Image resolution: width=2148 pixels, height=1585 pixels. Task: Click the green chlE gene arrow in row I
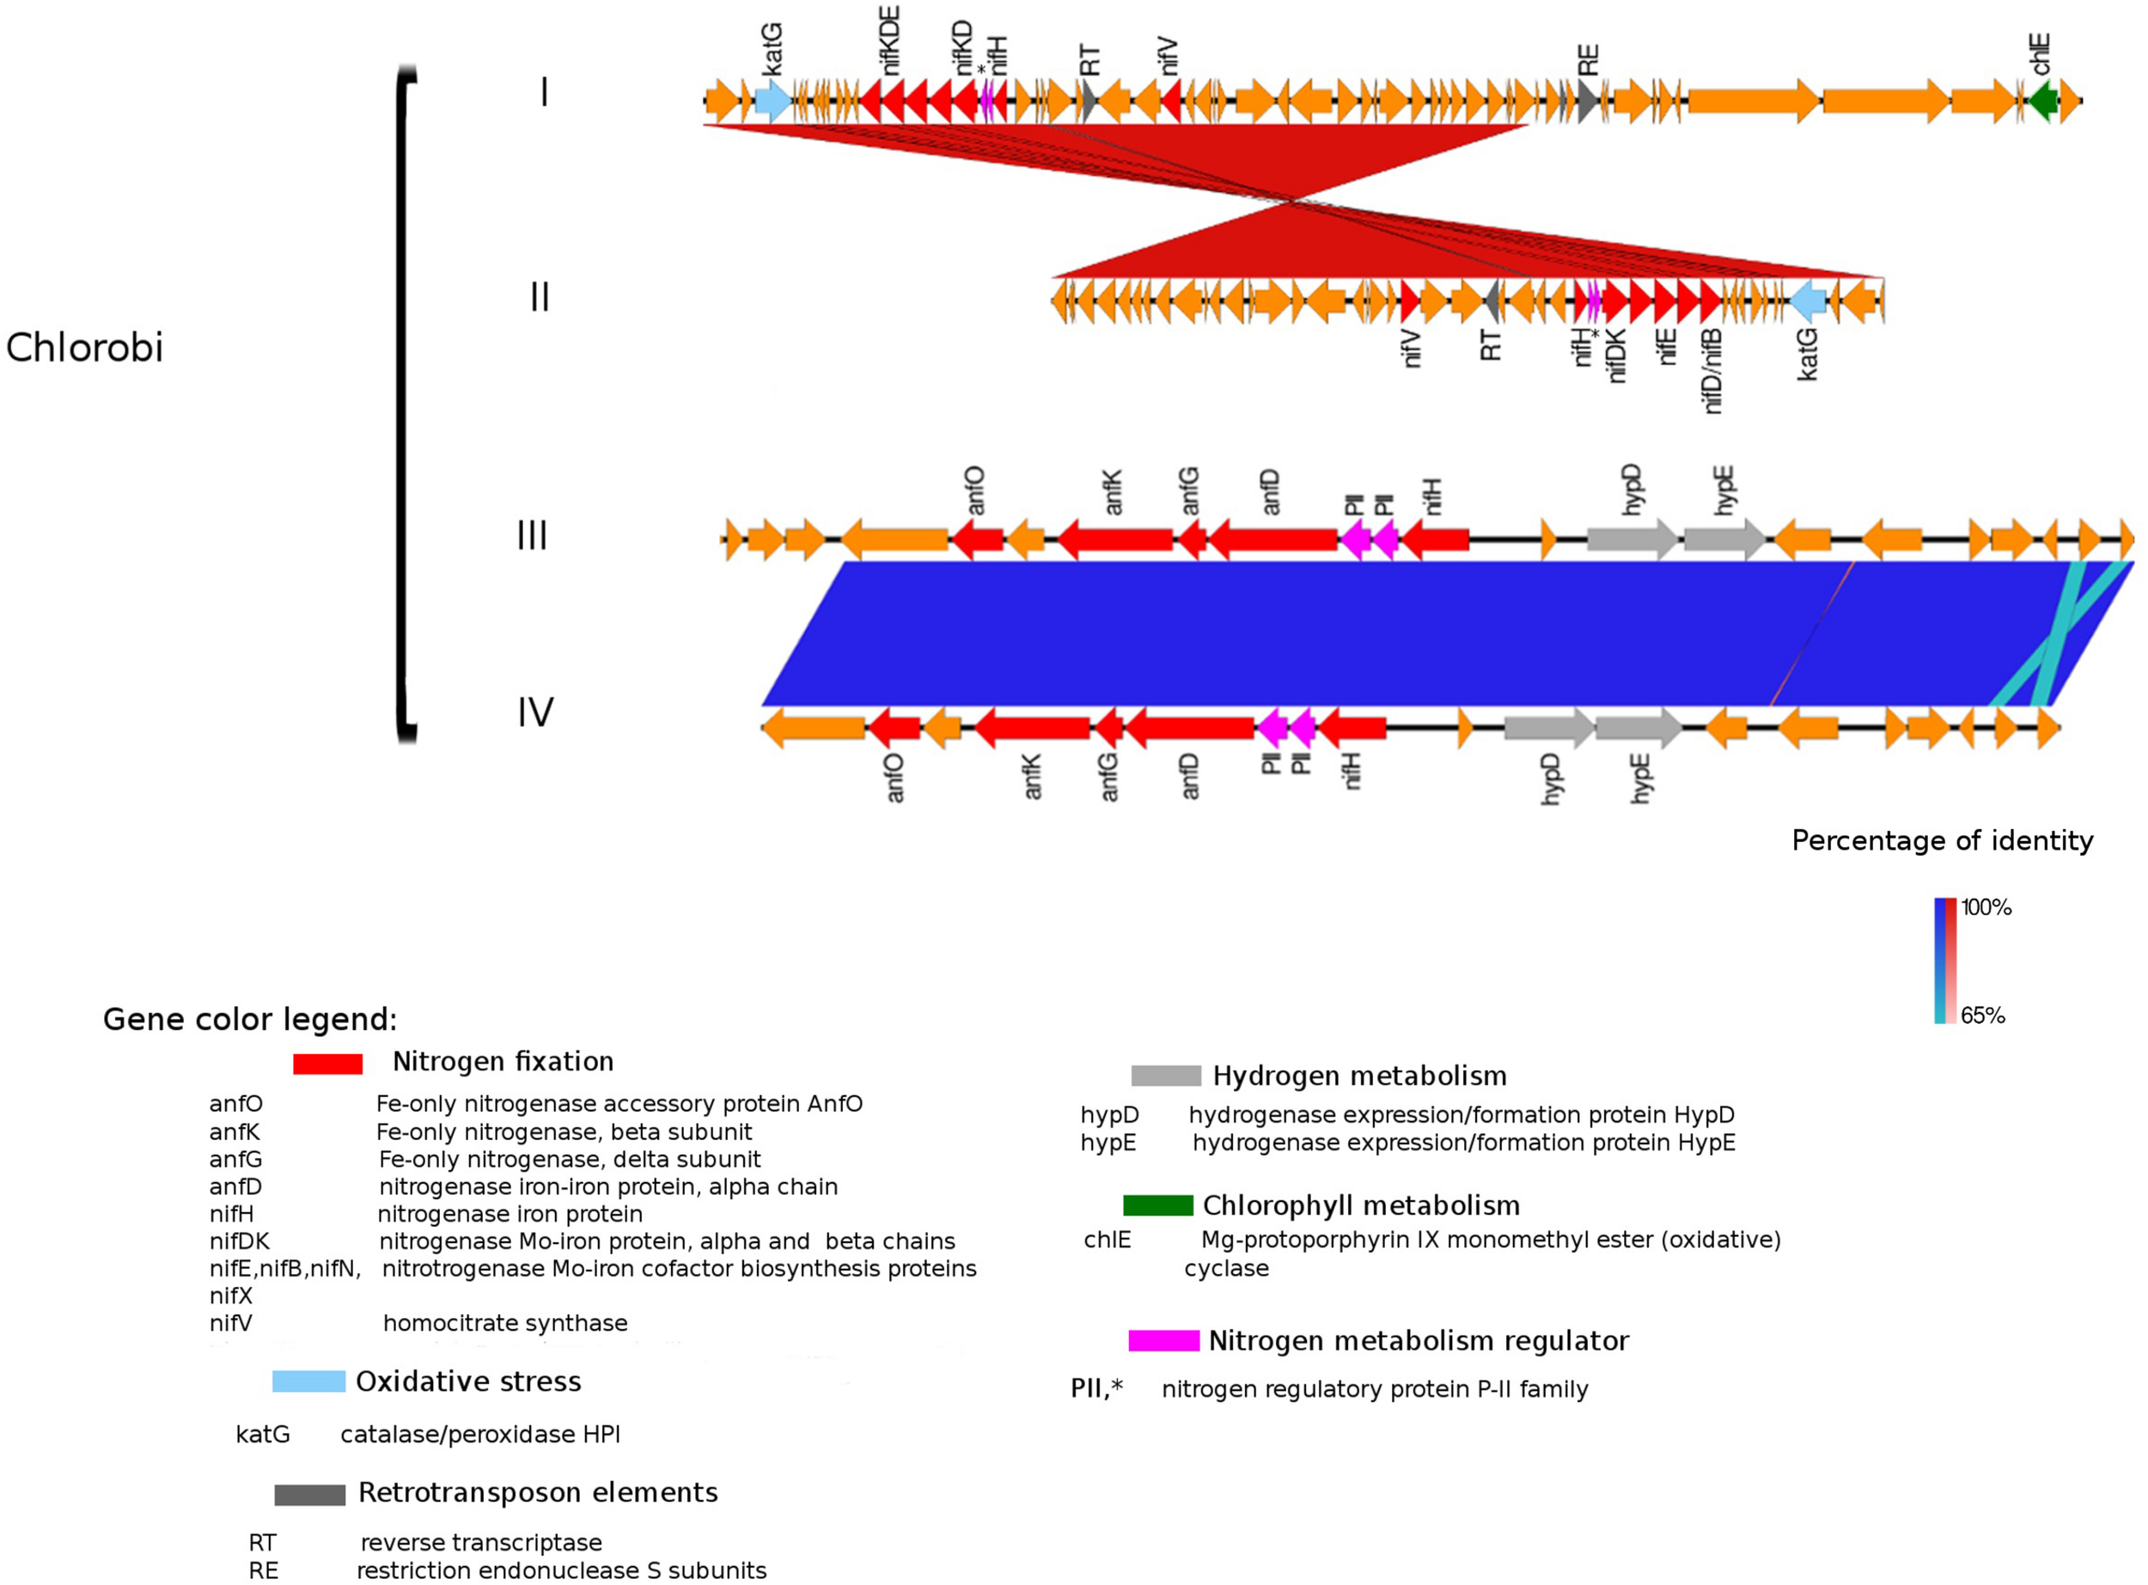pyautogui.click(x=2042, y=101)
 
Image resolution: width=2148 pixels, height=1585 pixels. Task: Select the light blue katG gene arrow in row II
pyautogui.click(x=1808, y=302)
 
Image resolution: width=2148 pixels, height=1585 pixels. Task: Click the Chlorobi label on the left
pyautogui.click(x=84, y=347)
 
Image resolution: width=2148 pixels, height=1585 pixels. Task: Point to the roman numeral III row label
pyautogui.click(x=533, y=534)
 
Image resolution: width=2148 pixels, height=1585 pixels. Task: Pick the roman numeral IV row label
pyautogui.click(x=535, y=713)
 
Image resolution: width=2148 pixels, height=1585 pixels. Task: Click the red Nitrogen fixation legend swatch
pyautogui.click(x=327, y=1063)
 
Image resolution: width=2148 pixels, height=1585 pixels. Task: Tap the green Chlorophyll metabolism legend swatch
pyautogui.click(x=1158, y=1205)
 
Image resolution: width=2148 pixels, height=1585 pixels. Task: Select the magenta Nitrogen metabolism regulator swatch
pyautogui.click(x=1163, y=1340)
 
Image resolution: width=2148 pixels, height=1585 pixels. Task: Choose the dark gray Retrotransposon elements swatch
pyautogui.click(x=310, y=1494)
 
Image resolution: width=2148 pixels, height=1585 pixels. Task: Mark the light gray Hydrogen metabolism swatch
pyautogui.click(x=1166, y=1076)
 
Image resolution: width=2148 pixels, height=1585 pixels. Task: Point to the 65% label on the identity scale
pyautogui.click(x=1982, y=1015)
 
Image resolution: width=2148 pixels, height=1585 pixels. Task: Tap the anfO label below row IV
pyautogui.click(x=894, y=777)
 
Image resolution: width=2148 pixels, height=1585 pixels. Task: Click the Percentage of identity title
pyautogui.click(x=1942, y=840)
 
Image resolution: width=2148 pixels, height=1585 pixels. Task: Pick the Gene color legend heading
pyautogui.click(x=249, y=1019)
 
